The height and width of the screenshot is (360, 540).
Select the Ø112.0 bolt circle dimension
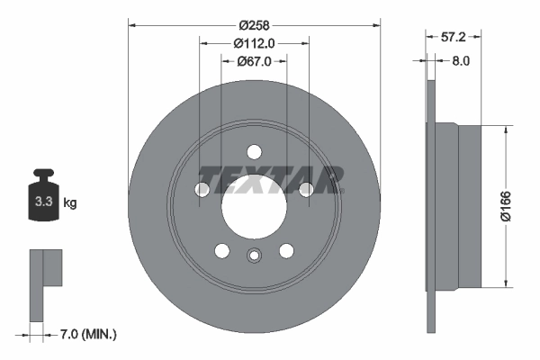tap(254, 42)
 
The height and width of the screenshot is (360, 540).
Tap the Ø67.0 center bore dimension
tap(255, 61)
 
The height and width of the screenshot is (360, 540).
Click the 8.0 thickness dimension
tap(460, 61)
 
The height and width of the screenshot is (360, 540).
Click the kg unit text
tap(70, 203)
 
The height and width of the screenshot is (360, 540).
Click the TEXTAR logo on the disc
tap(271, 179)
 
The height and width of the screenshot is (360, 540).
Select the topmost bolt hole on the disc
tap(254, 151)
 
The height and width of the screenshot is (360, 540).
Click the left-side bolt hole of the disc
tap(202, 189)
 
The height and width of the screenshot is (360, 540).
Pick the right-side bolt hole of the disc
tap(306, 189)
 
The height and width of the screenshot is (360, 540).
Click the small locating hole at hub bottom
tap(254, 255)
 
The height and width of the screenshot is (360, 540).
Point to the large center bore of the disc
tap(254, 206)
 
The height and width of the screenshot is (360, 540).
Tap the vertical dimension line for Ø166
tap(513, 204)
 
